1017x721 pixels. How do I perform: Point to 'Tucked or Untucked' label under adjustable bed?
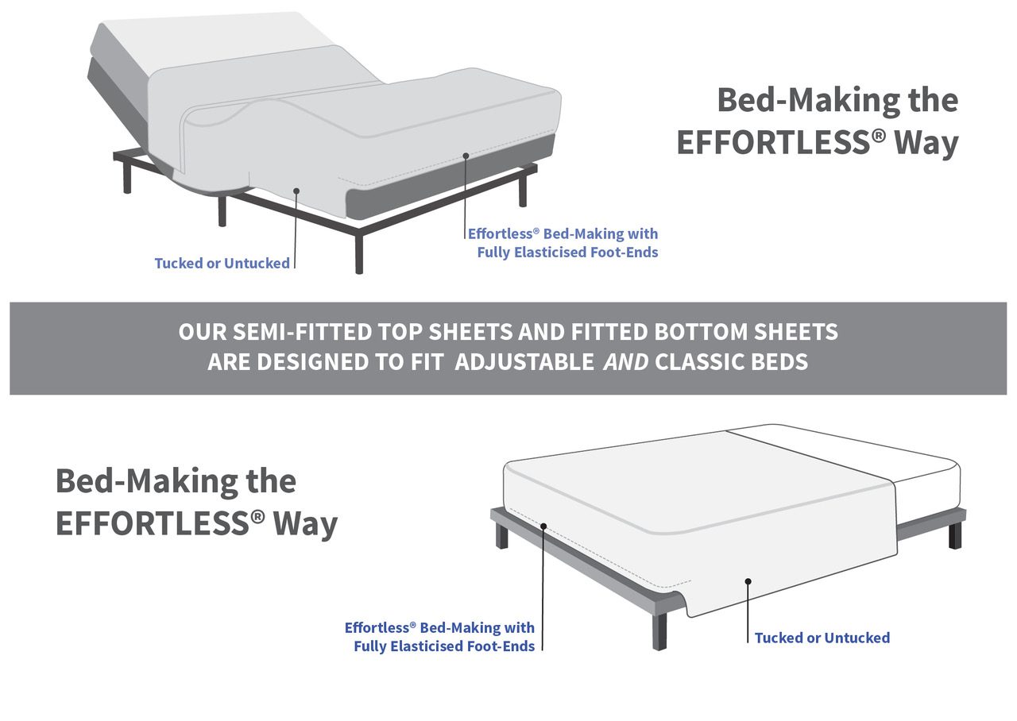point(222,263)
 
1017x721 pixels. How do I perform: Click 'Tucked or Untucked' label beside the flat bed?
point(822,638)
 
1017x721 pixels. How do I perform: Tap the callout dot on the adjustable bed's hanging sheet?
point(296,191)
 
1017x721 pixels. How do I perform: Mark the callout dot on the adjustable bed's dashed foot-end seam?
point(466,156)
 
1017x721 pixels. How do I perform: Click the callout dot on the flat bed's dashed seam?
point(543,526)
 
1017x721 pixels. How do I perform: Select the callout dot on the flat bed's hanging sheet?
point(748,581)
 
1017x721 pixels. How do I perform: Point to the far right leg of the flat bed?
point(955,535)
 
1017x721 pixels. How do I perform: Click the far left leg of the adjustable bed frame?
point(127,176)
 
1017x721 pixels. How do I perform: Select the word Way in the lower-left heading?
point(306,525)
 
